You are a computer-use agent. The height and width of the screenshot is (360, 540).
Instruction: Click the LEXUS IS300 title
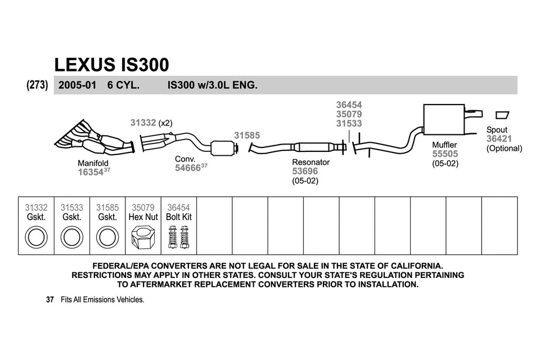[111, 65]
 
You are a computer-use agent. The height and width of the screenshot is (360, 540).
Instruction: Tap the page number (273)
[37, 85]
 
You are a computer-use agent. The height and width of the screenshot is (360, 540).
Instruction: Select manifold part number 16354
[90, 173]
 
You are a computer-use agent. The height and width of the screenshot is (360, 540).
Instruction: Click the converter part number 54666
[187, 168]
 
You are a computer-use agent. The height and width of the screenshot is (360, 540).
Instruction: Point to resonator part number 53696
[304, 171]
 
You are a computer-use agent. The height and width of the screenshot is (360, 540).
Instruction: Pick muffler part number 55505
[444, 154]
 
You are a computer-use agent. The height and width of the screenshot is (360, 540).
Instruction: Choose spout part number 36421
[498, 139]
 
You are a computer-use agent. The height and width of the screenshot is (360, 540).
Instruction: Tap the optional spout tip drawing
[501, 115]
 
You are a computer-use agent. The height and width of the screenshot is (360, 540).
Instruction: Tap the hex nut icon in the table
[143, 236]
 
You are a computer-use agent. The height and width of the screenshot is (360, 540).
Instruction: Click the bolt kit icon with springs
[178, 236]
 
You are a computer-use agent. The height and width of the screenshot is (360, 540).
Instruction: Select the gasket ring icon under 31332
[36, 237]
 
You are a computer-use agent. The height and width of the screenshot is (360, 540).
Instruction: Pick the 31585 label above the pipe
[246, 136]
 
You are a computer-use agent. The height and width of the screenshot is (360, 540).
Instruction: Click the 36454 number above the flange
[349, 105]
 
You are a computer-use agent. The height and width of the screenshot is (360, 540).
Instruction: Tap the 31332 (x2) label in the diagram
[151, 122]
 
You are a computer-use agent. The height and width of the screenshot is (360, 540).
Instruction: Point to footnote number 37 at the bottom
[49, 300]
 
